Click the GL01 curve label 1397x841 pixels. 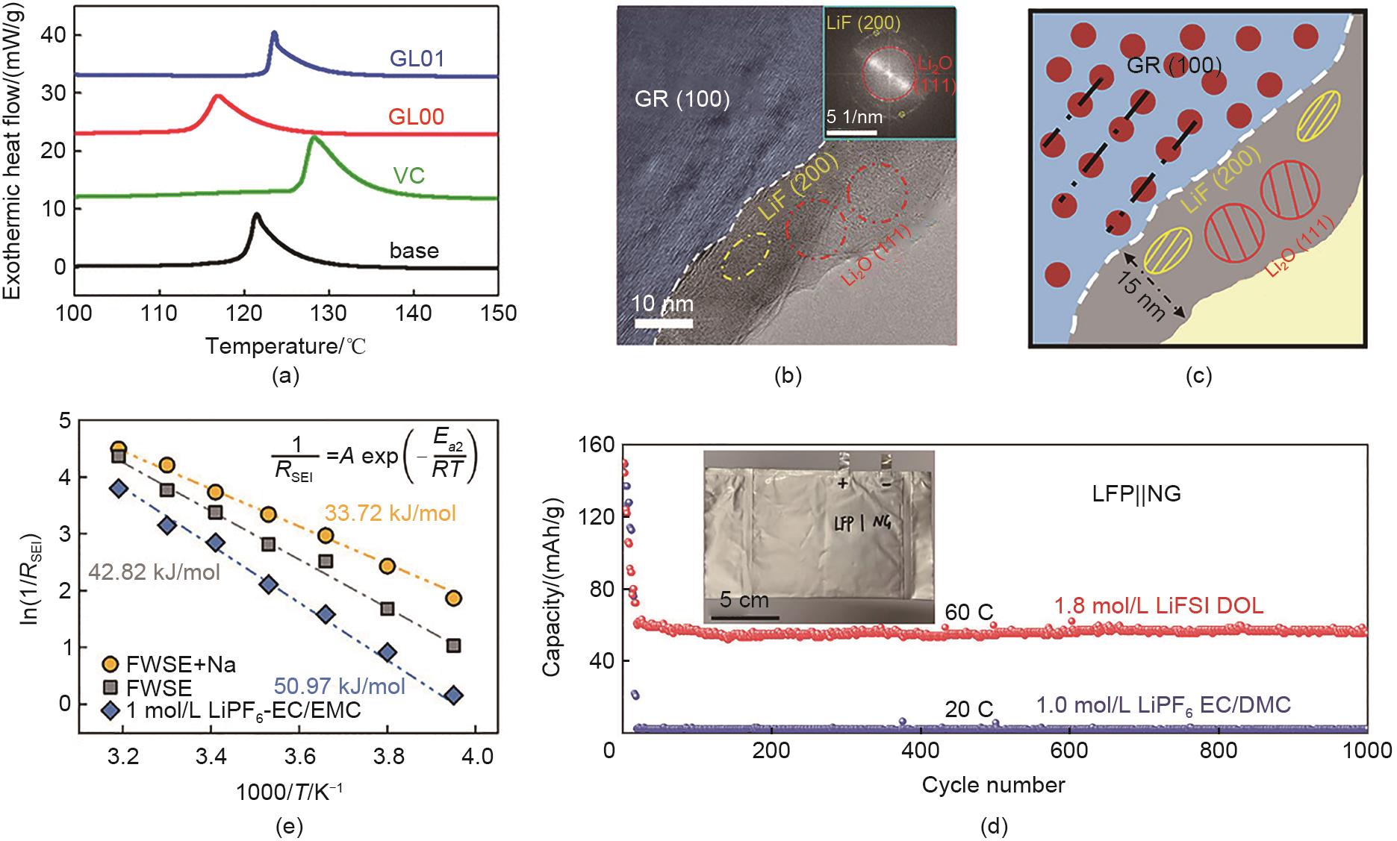[417, 58]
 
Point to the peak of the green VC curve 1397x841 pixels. [314, 139]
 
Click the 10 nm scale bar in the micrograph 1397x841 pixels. [664, 323]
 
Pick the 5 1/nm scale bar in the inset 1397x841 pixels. [850, 134]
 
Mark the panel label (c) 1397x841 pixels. [1198, 375]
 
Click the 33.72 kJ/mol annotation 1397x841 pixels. [390, 513]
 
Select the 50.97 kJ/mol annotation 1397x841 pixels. [340, 686]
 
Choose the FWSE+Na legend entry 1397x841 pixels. [181, 665]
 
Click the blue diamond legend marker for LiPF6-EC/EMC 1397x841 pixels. [111, 710]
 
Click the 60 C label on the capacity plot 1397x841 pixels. [969, 613]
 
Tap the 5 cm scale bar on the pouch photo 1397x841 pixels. [744, 617]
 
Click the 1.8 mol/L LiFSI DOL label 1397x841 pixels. [1158, 605]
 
